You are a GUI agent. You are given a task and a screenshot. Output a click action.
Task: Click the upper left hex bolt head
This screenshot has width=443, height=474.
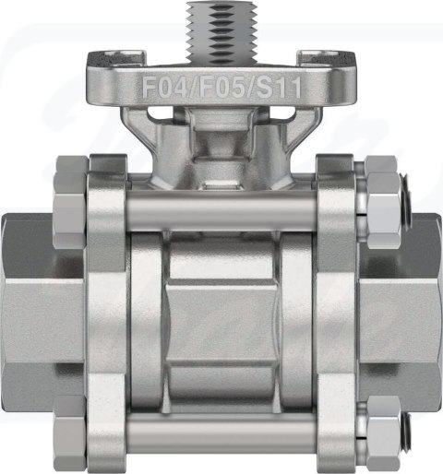[71, 202]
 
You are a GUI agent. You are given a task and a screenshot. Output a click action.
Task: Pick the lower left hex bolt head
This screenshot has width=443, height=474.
[71, 433]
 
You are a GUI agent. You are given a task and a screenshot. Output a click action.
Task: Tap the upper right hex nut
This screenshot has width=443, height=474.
[384, 202]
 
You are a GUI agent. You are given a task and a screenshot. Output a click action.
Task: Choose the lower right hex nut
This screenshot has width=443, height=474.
[384, 433]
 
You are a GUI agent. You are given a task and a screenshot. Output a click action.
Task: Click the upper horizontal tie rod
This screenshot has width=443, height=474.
[221, 210]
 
